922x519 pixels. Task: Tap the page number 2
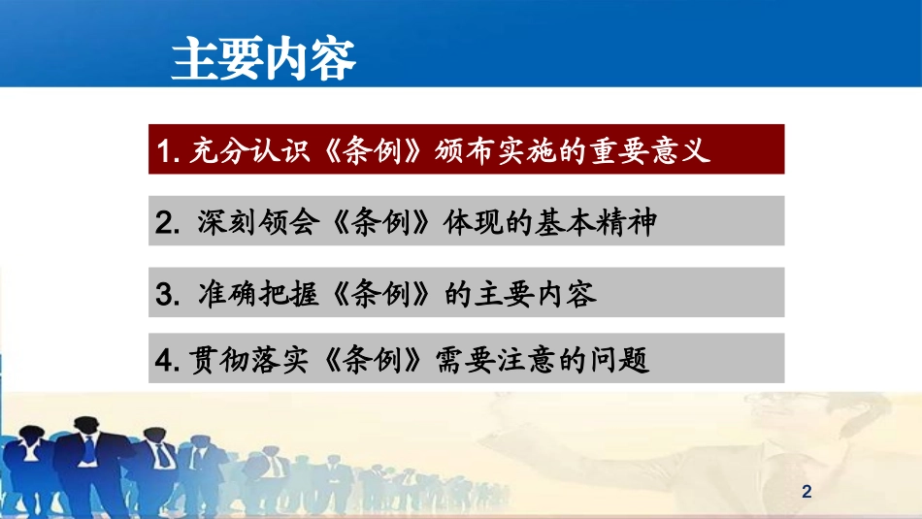coord(807,493)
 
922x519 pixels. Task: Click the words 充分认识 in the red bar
coord(233,151)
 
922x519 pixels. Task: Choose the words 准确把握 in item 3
coord(246,294)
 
